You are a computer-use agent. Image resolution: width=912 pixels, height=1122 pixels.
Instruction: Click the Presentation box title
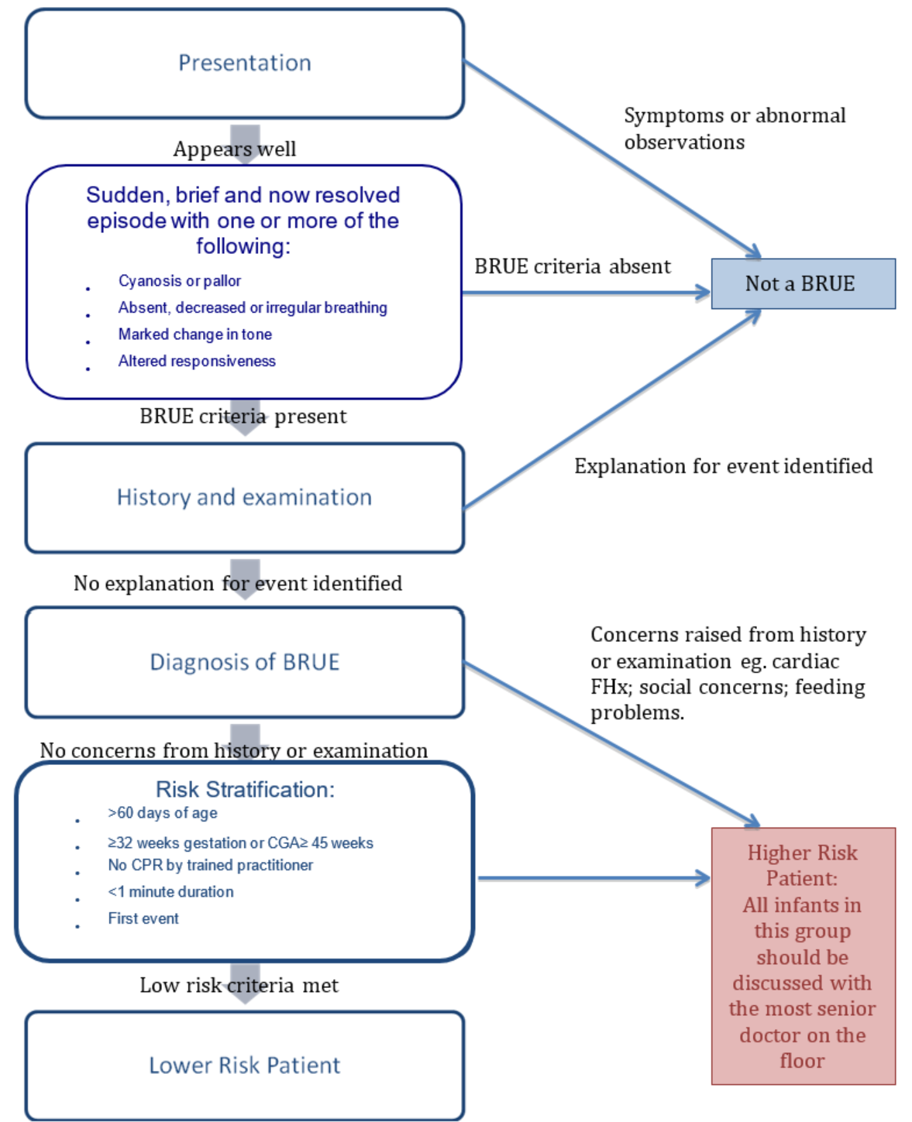pyautogui.click(x=244, y=63)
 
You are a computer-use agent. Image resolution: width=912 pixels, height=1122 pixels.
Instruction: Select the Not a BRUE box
pyautogui.click(x=802, y=284)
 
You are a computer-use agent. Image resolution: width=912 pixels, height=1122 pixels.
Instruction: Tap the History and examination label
pyautogui.click(x=244, y=497)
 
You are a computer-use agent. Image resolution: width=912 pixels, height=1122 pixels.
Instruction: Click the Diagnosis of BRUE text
pyautogui.click(x=244, y=662)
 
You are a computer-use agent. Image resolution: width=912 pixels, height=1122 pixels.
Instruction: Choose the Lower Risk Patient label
pyautogui.click(x=244, y=1065)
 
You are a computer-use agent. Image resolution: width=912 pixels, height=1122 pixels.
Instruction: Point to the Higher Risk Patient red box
pyautogui.click(x=803, y=956)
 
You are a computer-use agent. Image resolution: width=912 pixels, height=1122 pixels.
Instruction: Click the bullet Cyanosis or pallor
pyautogui.click(x=179, y=281)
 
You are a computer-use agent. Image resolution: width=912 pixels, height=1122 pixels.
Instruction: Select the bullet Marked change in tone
pyautogui.click(x=194, y=335)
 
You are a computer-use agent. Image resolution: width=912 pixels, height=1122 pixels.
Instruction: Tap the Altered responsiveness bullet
pyautogui.click(x=197, y=361)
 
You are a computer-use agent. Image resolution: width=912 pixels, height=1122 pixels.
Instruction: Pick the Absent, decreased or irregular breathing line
pyautogui.click(x=252, y=307)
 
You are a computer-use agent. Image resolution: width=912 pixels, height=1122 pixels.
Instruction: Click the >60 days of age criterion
pyautogui.click(x=162, y=813)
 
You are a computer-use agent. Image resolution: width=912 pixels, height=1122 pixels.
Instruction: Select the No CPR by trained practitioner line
pyautogui.click(x=210, y=865)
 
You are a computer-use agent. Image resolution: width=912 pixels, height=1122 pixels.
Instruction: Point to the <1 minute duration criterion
pyautogui.click(x=170, y=892)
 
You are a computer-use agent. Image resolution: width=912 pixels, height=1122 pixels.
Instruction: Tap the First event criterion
pyautogui.click(x=143, y=918)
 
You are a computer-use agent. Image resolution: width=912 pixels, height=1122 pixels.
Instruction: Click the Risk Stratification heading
pyautogui.click(x=245, y=789)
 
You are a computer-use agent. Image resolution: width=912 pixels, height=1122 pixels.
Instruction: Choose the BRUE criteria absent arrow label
pyautogui.click(x=572, y=266)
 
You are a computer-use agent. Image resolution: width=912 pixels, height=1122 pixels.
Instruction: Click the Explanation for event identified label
pyautogui.click(x=723, y=466)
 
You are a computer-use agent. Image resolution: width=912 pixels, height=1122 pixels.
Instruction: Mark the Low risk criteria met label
pyautogui.click(x=239, y=985)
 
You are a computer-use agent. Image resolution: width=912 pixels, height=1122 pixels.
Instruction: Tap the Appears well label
pyautogui.click(x=234, y=149)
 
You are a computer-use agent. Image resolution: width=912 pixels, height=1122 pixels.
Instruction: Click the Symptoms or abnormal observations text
pyautogui.click(x=734, y=129)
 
